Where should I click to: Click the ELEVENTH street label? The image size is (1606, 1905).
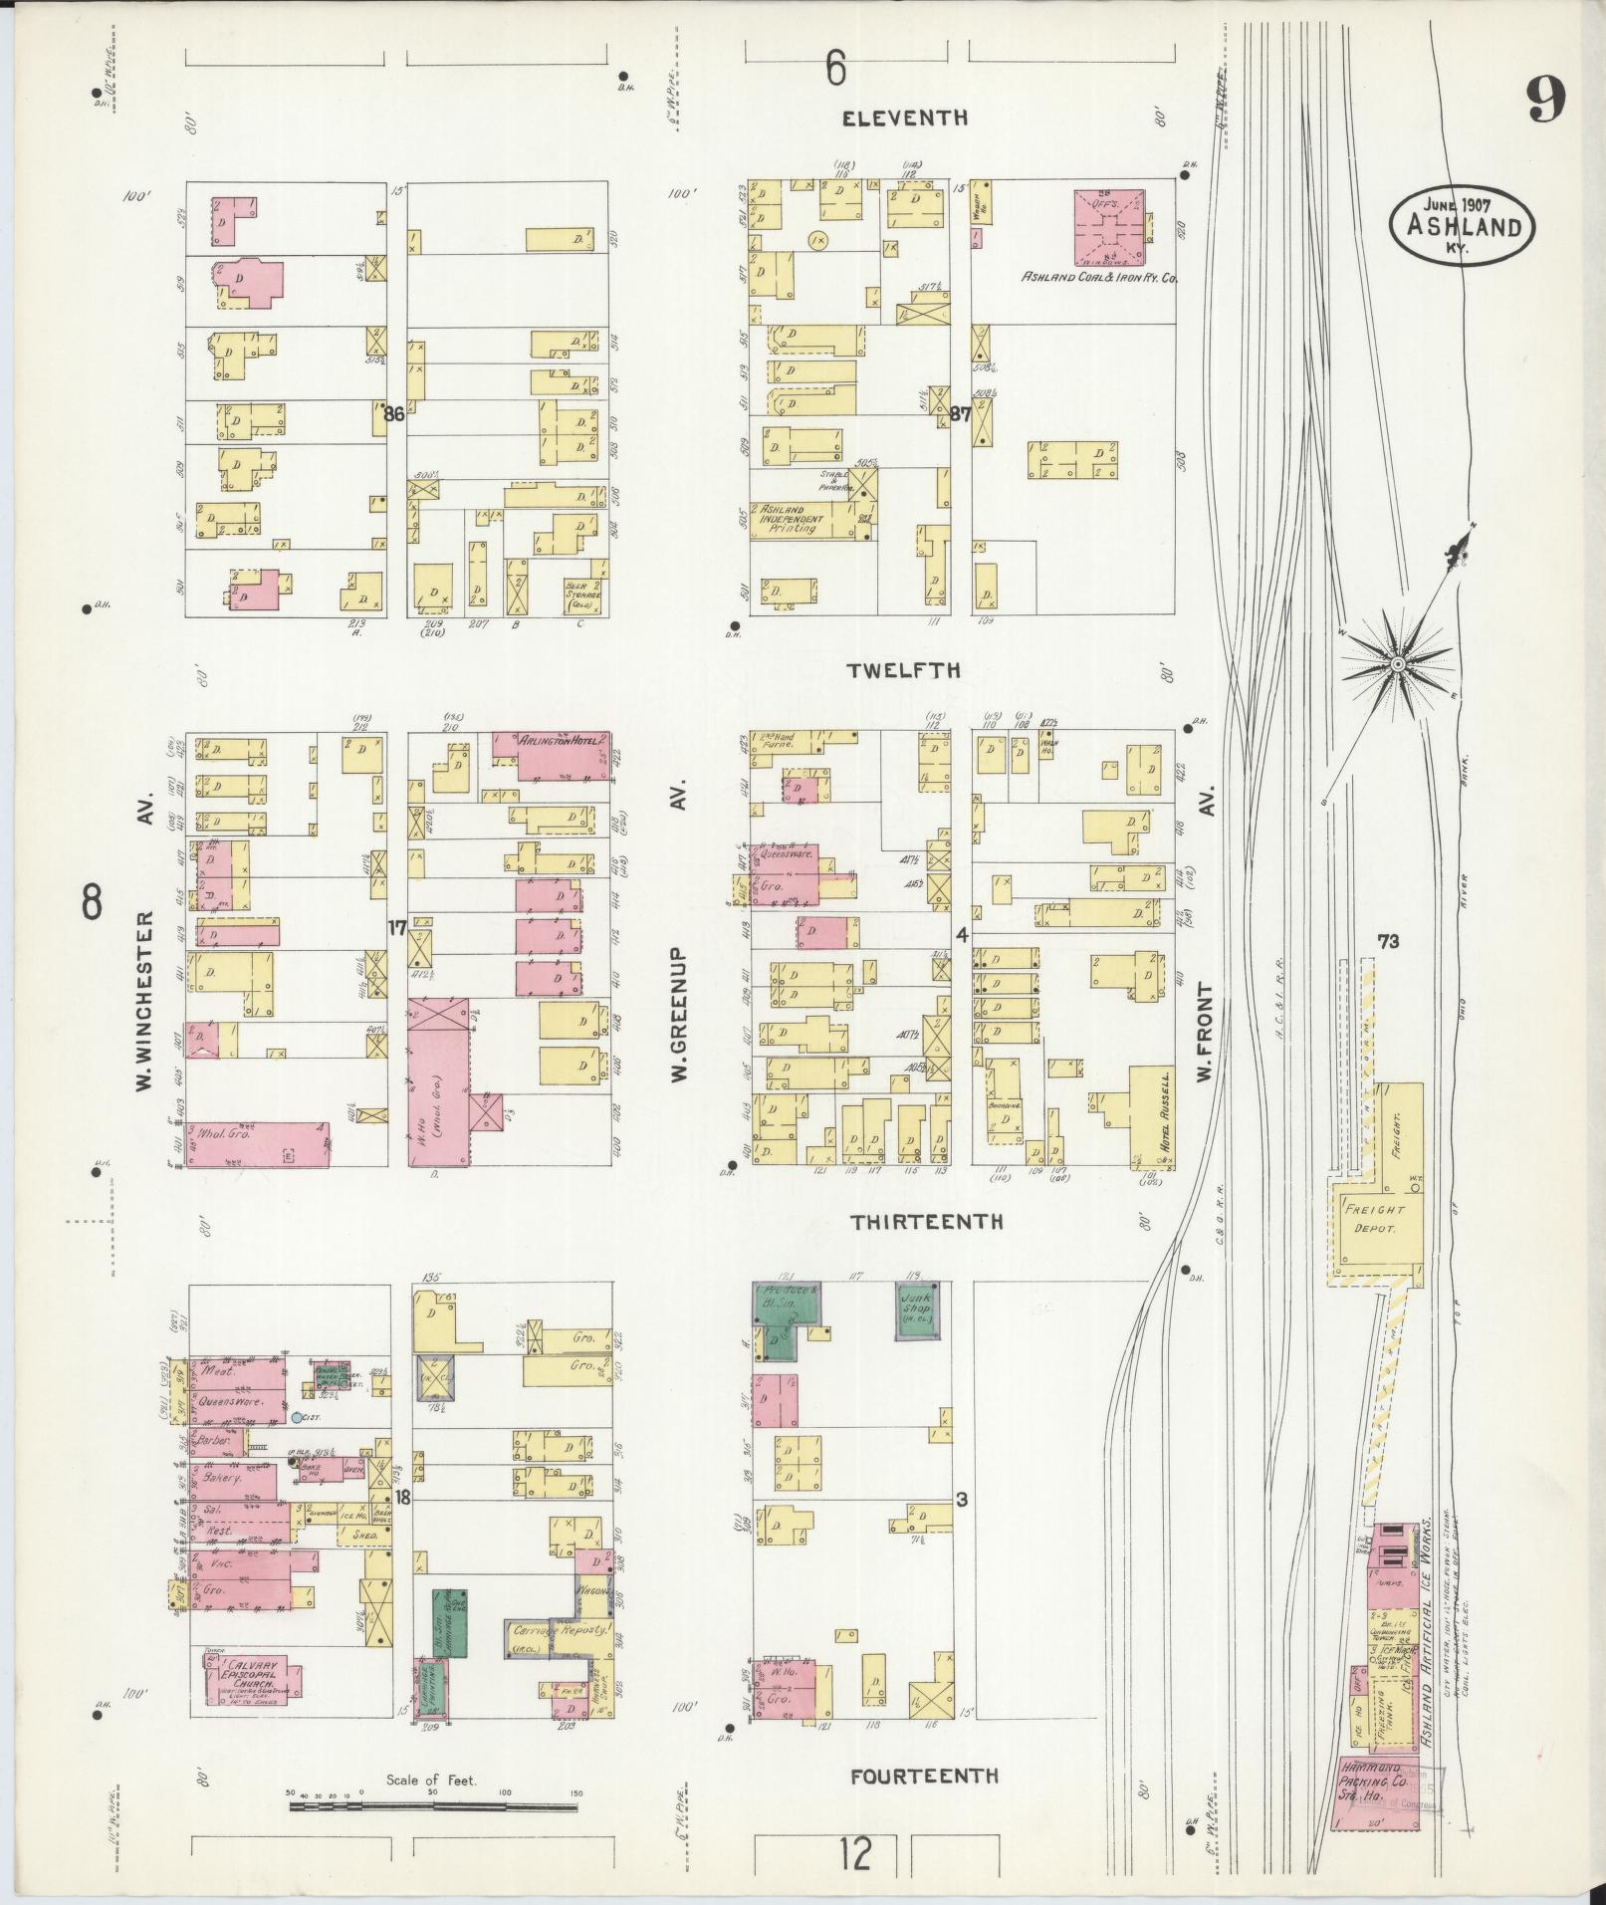click(904, 119)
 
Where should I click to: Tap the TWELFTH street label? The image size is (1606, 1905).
click(904, 670)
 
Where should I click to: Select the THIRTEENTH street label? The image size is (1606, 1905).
click(926, 1222)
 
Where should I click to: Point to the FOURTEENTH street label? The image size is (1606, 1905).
click(923, 1775)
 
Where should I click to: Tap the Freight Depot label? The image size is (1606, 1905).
click(1373, 1219)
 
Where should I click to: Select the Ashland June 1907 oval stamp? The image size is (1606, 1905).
click(1462, 227)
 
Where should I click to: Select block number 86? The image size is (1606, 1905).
click(394, 414)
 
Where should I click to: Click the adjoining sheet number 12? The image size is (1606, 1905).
click(854, 1853)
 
